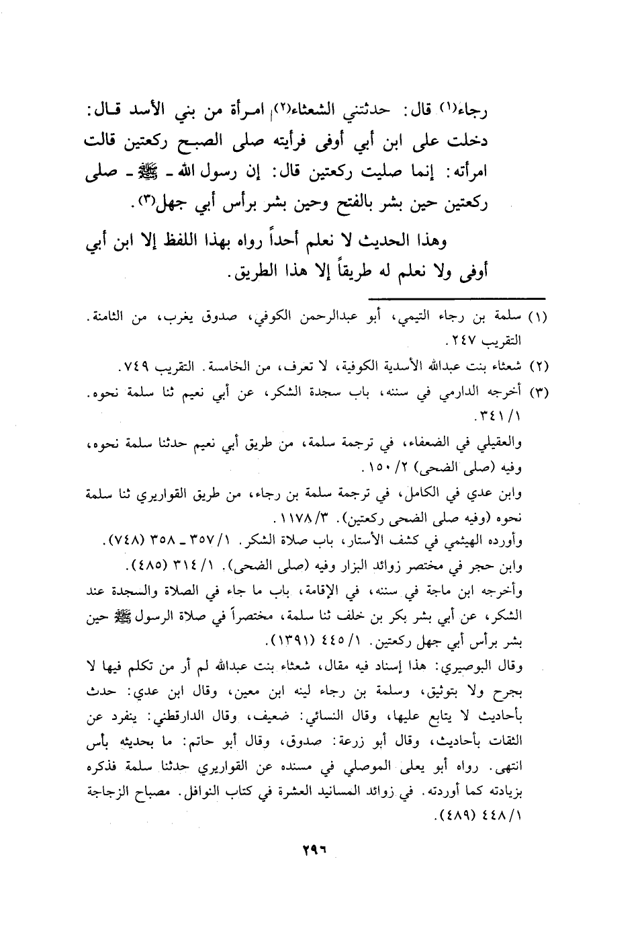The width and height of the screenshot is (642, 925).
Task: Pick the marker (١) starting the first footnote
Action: [x=537, y=316]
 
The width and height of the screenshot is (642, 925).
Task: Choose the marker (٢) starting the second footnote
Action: [x=537, y=367]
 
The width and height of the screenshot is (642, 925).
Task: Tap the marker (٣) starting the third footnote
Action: [x=537, y=392]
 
